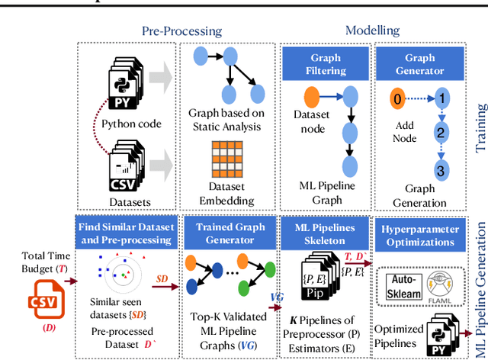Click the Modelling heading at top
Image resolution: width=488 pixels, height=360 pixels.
(373, 31)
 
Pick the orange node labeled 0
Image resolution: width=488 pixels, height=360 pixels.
(396, 99)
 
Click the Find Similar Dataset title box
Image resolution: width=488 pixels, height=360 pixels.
(125, 232)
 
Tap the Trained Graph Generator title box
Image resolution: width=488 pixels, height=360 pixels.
(226, 232)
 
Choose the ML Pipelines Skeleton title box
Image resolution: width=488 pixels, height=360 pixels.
(326, 232)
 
